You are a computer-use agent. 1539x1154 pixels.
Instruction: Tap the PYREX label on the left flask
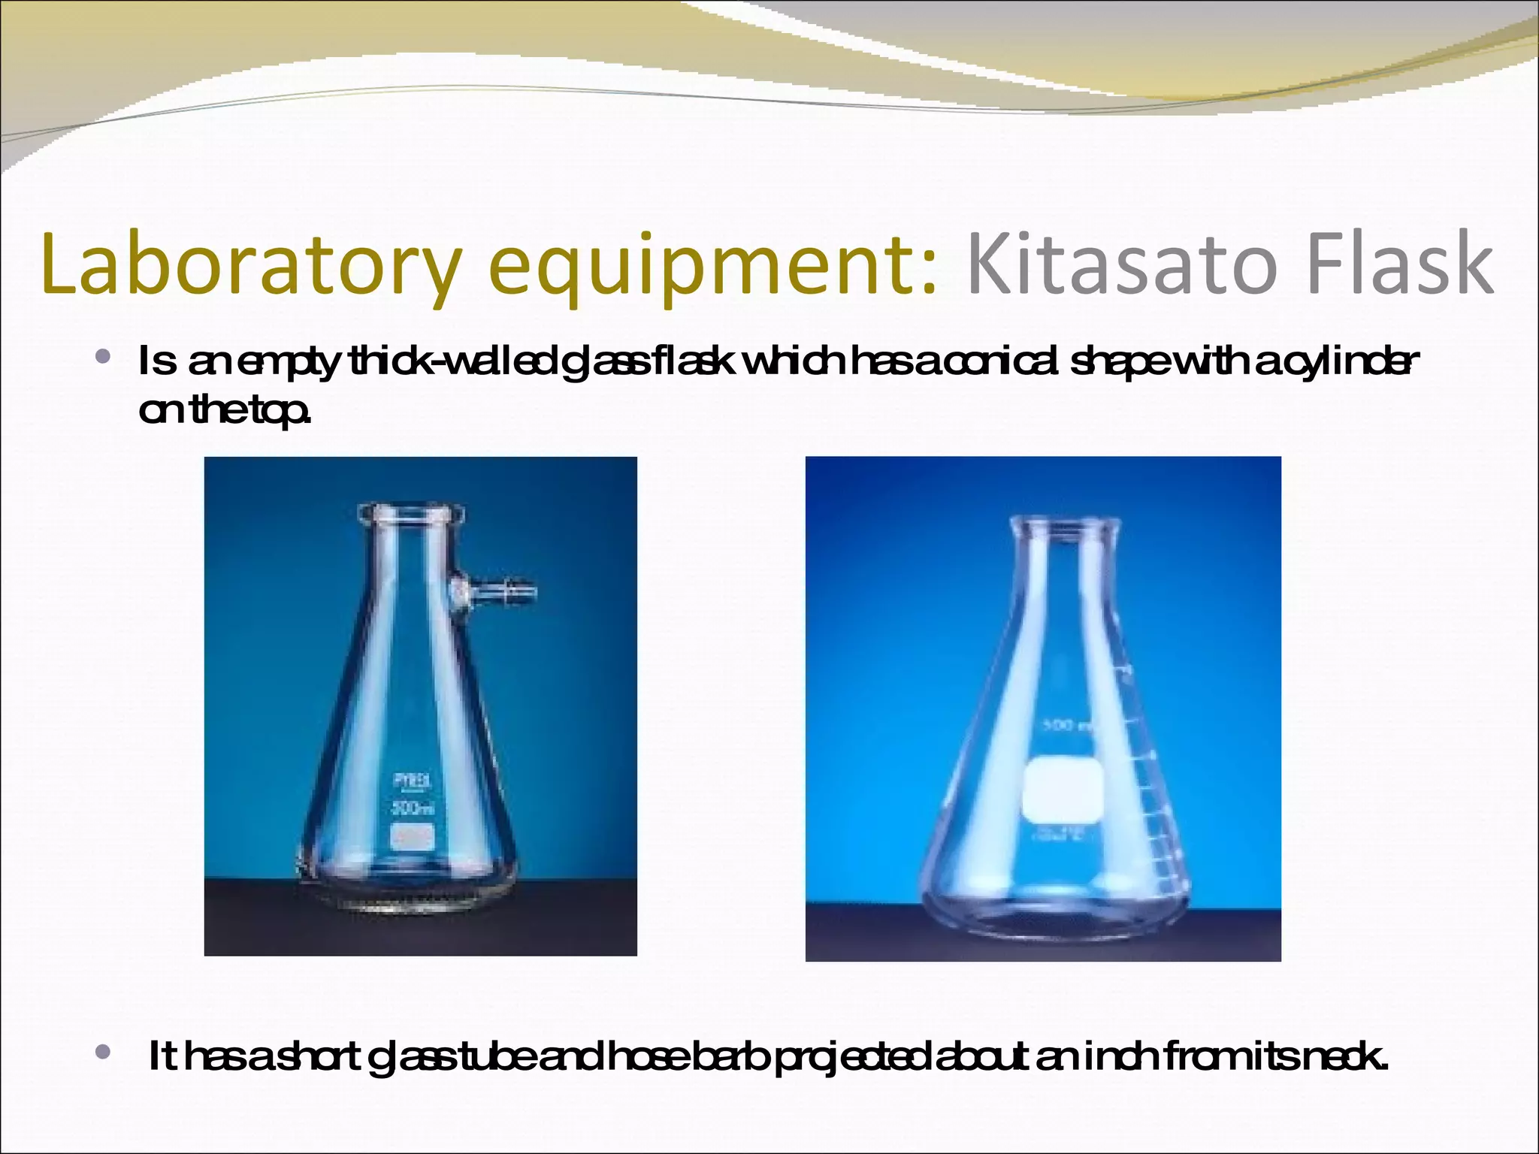click(413, 782)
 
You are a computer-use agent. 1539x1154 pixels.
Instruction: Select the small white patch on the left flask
click(413, 837)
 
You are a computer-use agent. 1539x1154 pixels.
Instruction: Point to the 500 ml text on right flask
click(1067, 727)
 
